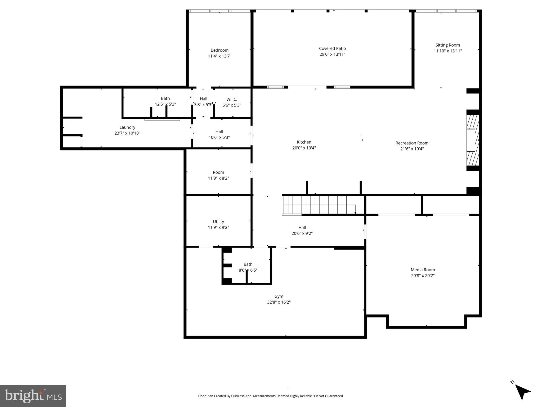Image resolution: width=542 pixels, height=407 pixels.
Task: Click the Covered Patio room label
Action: [332, 48]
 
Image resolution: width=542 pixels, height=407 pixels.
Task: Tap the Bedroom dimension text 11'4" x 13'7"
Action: [220, 56]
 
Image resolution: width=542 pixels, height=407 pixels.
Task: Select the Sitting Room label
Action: [447, 45]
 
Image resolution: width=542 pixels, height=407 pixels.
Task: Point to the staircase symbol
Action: [315, 205]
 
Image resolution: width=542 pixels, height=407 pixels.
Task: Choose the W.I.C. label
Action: [232, 99]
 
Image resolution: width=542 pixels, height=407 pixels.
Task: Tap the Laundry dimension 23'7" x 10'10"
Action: [127, 133]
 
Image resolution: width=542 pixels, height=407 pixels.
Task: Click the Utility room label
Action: [218, 222]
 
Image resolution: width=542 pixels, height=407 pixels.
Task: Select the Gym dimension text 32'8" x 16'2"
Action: [279, 302]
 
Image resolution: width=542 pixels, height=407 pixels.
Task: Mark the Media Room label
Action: [423, 270]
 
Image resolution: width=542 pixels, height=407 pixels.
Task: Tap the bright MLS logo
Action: [33, 396]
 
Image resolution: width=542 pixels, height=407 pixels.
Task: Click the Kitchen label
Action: [304, 142]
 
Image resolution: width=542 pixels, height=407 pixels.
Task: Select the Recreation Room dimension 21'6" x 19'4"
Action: [412, 149]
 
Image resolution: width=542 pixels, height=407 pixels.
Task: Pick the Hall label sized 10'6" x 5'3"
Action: [219, 131]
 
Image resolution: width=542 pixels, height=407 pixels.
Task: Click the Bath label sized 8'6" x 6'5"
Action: [248, 264]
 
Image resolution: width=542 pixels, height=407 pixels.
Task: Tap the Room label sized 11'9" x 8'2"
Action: [218, 172]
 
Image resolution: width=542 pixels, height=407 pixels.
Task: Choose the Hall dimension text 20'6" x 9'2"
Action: [302, 233]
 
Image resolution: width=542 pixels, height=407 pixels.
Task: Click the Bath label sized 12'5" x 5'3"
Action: [165, 98]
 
